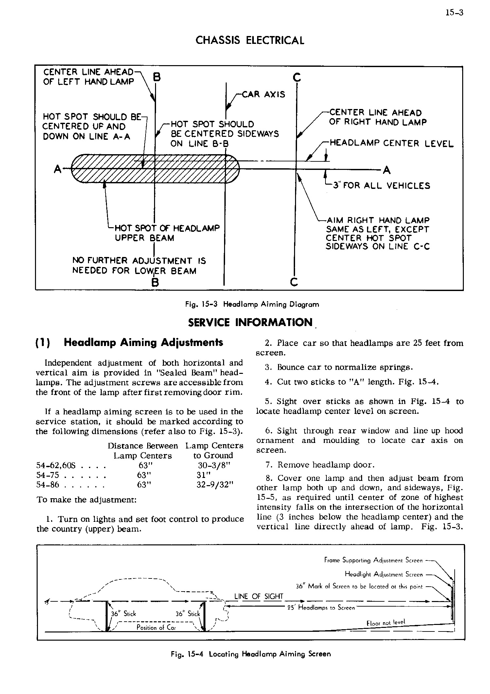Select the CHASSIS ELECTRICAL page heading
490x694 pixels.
250,41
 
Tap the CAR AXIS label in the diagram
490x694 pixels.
263,95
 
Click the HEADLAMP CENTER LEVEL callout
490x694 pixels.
392,143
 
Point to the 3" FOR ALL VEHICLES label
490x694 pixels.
381,186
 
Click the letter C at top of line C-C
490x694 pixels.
297,78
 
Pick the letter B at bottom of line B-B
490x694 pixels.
155,282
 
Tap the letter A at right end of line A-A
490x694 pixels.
387,170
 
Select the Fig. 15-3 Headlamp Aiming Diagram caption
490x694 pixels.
252,304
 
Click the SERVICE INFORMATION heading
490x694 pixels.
251,323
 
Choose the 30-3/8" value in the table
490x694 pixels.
214,465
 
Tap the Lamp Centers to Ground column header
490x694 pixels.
214,450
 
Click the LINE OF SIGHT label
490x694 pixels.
259,596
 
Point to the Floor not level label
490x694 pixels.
386,622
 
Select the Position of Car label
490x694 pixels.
156,628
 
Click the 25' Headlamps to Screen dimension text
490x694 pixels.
321,608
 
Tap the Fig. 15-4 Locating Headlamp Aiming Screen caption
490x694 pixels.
251,654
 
